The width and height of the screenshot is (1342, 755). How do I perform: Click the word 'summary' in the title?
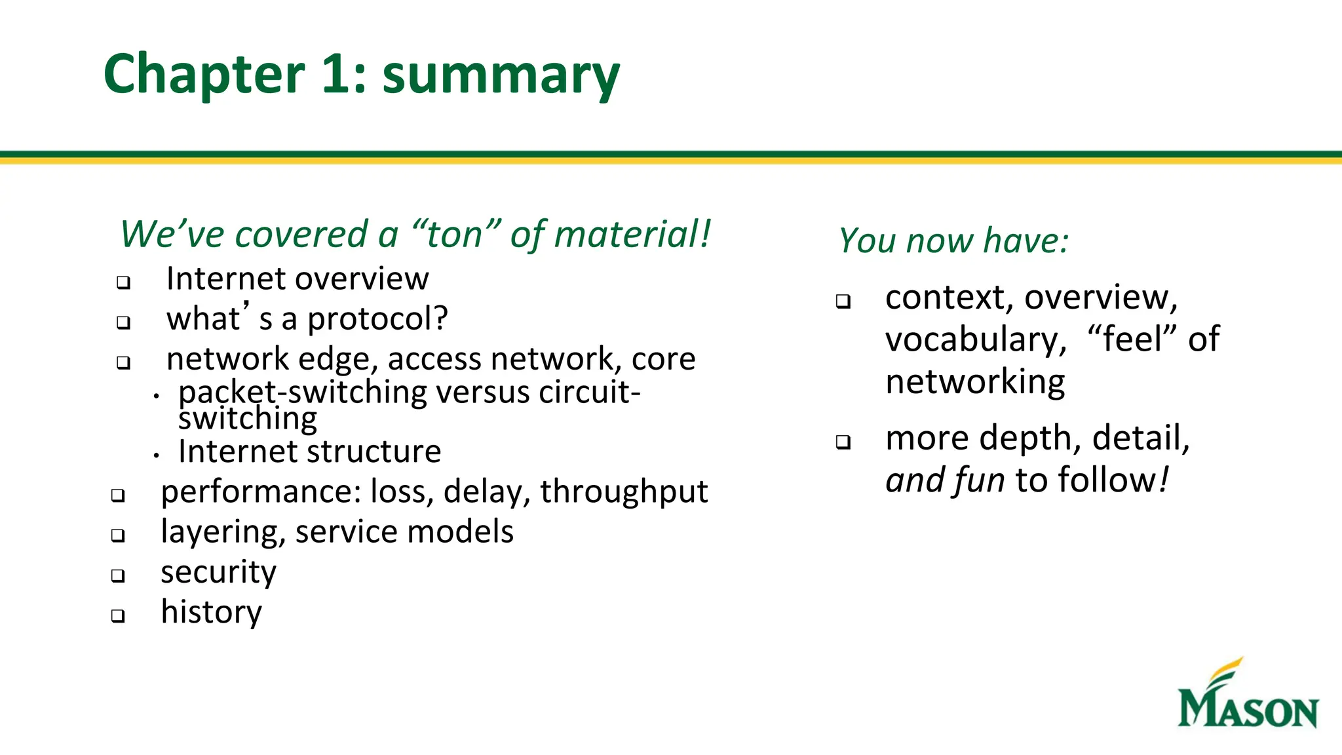pyautogui.click(x=501, y=75)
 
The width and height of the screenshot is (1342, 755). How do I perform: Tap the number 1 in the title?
pyautogui.click(x=336, y=73)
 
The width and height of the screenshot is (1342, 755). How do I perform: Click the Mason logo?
pyautogui.click(x=1247, y=695)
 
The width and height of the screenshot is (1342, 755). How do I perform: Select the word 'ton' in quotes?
pyautogui.click(x=455, y=235)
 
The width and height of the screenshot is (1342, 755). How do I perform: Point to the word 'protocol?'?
pyautogui.click(x=378, y=319)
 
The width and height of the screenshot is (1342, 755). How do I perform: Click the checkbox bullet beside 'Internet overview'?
pyautogui.click(x=123, y=282)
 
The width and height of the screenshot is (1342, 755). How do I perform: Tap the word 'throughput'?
pyautogui.click(x=624, y=492)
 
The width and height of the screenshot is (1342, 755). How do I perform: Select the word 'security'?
pyautogui.click(x=219, y=572)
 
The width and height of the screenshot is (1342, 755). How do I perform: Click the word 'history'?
pyautogui.click(x=212, y=612)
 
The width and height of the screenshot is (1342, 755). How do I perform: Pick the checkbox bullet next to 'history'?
pyautogui.click(x=118, y=615)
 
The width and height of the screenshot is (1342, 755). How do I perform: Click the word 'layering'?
pyautogui.click(x=221, y=532)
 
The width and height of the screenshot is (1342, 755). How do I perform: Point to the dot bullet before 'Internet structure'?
pyautogui.click(x=156, y=454)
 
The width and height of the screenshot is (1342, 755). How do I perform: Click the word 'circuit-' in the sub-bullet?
pyautogui.click(x=589, y=393)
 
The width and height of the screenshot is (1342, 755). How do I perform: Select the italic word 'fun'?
pyautogui.click(x=979, y=480)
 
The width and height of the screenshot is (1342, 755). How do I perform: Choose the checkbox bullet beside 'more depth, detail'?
pyautogui.click(x=843, y=442)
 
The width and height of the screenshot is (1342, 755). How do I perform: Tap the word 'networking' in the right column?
pyautogui.click(x=975, y=382)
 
